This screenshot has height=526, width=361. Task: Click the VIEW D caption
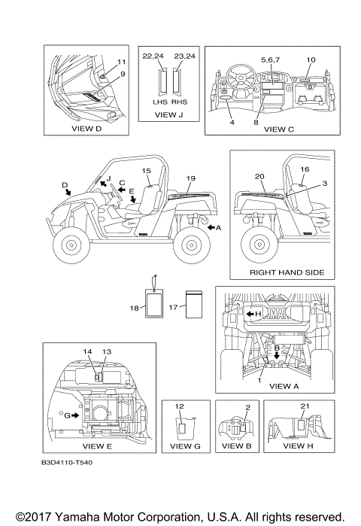pos(86,129)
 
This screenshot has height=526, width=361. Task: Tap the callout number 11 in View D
pos(121,62)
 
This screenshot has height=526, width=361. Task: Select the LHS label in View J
pos(160,102)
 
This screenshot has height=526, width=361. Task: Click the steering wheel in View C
pos(241,78)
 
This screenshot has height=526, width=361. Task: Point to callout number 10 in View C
pos(311,59)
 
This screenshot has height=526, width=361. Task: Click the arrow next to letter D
pos(68,192)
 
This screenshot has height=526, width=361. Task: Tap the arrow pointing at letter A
pos(211,227)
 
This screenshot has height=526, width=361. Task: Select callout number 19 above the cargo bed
pos(191,178)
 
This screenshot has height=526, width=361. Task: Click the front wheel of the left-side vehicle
pos(71,245)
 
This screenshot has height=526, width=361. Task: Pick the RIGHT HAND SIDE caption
pos(287,272)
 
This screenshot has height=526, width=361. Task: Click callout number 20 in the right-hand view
pos(259,176)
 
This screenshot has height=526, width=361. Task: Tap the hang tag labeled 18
pos(154,297)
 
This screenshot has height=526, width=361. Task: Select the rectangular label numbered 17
pos(194,304)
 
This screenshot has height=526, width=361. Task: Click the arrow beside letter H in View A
pos(250,314)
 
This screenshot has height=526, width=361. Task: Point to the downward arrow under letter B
pos(277,356)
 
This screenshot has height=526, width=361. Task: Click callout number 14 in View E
pos(87,351)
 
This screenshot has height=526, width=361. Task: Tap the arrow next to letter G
pos(75,415)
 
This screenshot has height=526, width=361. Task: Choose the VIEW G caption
pos(185,446)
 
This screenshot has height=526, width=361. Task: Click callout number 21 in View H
pos(305,406)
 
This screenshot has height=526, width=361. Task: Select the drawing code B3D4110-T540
pos(67,462)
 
